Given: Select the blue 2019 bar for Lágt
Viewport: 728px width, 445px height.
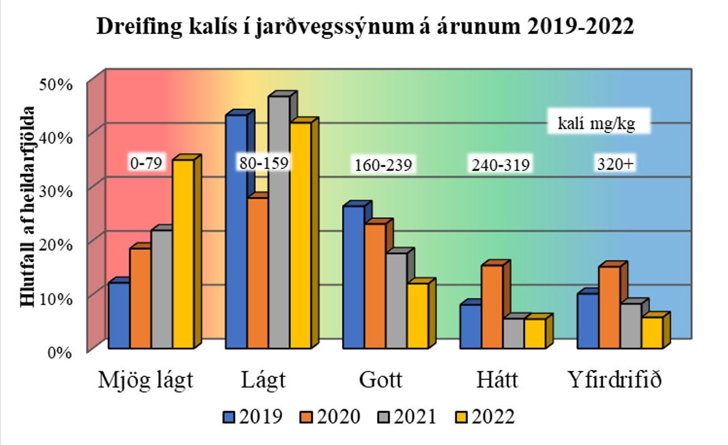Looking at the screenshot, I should click(236, 232).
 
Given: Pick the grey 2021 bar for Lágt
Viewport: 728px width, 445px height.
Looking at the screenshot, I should click(279, 222).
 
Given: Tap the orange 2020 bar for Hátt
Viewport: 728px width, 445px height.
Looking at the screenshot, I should click(491, 307).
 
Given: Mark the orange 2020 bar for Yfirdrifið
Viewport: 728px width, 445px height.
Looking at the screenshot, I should click(608, 307).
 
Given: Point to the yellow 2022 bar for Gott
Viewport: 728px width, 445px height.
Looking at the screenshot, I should click(418, 315).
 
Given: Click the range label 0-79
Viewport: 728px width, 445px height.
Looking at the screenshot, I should click(146, 164).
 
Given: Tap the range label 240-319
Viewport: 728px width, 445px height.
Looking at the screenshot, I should click(500, 165).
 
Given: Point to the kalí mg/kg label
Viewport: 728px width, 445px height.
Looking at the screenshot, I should click(596, 124).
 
